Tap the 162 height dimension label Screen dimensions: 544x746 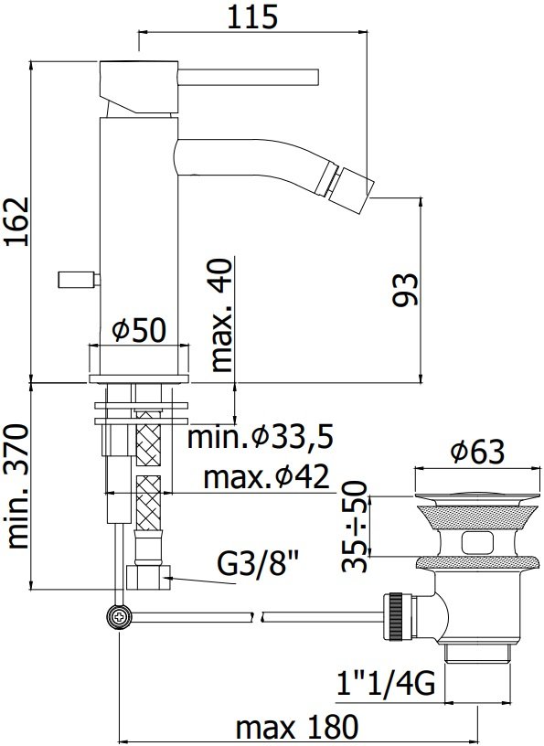coord(17,222)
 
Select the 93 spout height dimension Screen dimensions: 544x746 coord(405,289)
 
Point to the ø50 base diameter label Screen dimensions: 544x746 coord(140,329)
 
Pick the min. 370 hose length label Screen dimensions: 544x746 coord(18,486)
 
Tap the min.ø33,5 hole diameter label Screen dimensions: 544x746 coord(260,437)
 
